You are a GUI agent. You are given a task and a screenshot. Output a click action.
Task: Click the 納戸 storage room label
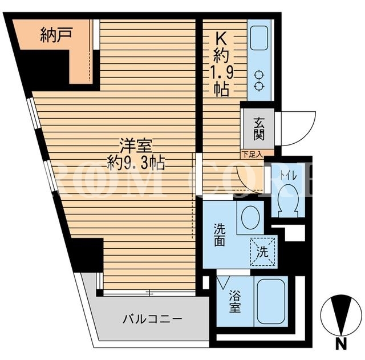56,35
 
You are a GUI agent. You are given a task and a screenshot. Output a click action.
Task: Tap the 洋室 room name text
136,147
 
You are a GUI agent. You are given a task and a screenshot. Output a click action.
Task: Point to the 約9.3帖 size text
136,163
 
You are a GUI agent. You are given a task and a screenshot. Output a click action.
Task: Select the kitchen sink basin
259,38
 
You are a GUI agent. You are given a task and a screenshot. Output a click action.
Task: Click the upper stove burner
259,75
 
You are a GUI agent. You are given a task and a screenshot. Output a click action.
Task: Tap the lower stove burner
259,87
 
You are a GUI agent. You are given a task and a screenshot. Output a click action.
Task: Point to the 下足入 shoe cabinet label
252,154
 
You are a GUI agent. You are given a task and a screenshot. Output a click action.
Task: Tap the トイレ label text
288,176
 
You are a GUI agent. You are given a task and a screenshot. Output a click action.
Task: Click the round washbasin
250,217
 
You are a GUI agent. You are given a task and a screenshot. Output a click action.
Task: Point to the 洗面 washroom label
220,234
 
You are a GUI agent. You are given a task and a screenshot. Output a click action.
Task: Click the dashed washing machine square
262,252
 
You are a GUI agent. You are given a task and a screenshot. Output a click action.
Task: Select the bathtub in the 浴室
271,302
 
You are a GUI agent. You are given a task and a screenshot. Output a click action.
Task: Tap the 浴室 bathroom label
234,302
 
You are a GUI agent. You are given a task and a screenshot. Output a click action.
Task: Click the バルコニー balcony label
152,319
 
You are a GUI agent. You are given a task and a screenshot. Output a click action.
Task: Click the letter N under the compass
341,343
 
